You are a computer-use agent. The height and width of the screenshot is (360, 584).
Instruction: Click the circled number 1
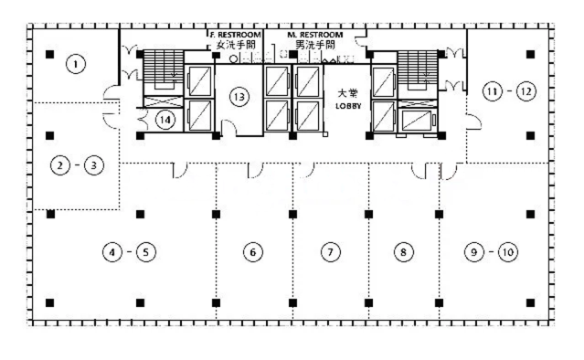coord(76,64)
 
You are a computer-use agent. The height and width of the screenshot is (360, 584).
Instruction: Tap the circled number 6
coord(253,252)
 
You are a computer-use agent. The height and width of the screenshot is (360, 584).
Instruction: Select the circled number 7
coord(330,252)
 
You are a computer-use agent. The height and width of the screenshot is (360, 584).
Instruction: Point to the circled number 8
coord(403,252)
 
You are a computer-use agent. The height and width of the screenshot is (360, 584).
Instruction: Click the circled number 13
coord(239,97)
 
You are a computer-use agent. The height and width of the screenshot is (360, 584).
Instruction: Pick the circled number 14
coord(165,120)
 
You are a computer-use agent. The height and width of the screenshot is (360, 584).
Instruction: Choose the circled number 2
coord(60,164)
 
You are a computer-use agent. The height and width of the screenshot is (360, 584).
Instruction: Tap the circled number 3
coord(93,164)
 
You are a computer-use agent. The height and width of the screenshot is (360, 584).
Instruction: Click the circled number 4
coord(112,252)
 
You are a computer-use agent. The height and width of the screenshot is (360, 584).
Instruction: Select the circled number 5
coord(146,252)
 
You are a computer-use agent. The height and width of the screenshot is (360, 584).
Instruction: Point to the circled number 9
coord(474,252)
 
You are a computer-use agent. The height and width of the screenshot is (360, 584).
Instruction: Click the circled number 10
coord(508,252)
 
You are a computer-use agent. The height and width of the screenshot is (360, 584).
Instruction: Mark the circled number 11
coord(493,91)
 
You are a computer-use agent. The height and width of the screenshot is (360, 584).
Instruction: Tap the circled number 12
coord(526,91)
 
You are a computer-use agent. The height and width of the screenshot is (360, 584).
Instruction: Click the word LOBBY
coord(348,106)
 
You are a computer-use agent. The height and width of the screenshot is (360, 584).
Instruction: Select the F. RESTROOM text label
coord(236,35)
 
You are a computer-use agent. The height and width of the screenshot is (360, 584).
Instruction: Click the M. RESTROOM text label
coord(315,35)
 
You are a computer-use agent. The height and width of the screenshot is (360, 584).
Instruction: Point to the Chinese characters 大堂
coord(347,93)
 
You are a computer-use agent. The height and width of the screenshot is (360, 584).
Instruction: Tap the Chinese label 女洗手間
coord(236,45)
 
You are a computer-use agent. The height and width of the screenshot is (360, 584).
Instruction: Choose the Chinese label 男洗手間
coord(315,45)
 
